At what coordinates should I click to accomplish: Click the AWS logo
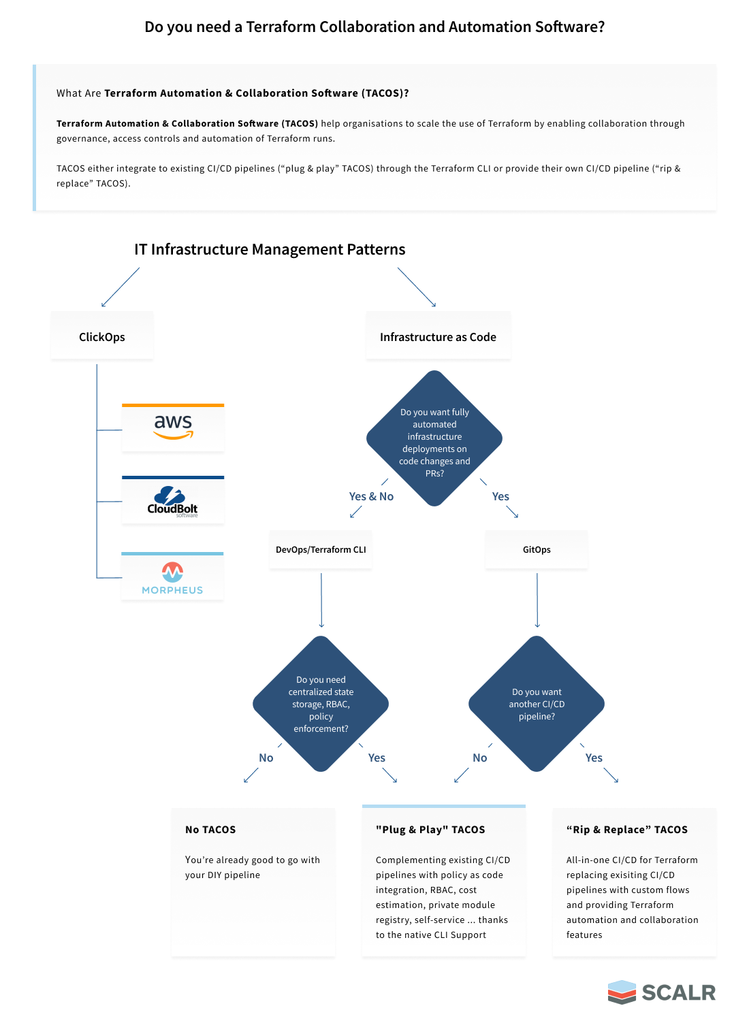(173, 427)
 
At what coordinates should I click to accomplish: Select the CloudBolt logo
(172, 502)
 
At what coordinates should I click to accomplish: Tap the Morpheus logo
(172, 578)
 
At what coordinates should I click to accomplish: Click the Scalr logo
(661, 992)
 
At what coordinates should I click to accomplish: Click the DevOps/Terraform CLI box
(321, 550)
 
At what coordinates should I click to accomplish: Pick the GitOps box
(537, 550)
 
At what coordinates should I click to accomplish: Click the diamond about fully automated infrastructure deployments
(434, 438)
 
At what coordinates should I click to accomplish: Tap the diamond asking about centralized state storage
(321, 704)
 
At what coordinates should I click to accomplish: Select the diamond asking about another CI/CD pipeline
(537, 704)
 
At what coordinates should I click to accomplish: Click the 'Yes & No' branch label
(371, 496)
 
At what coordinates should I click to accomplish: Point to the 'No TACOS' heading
(210, 830)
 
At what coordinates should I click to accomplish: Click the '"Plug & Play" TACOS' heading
(430, 830)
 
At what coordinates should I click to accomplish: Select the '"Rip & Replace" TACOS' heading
(627, 830)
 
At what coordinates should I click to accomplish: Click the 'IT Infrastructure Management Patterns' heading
(270, 249)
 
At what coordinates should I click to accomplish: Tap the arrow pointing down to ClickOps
(121, 287)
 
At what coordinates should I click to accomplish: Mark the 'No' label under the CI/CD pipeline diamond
(479, 758)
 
